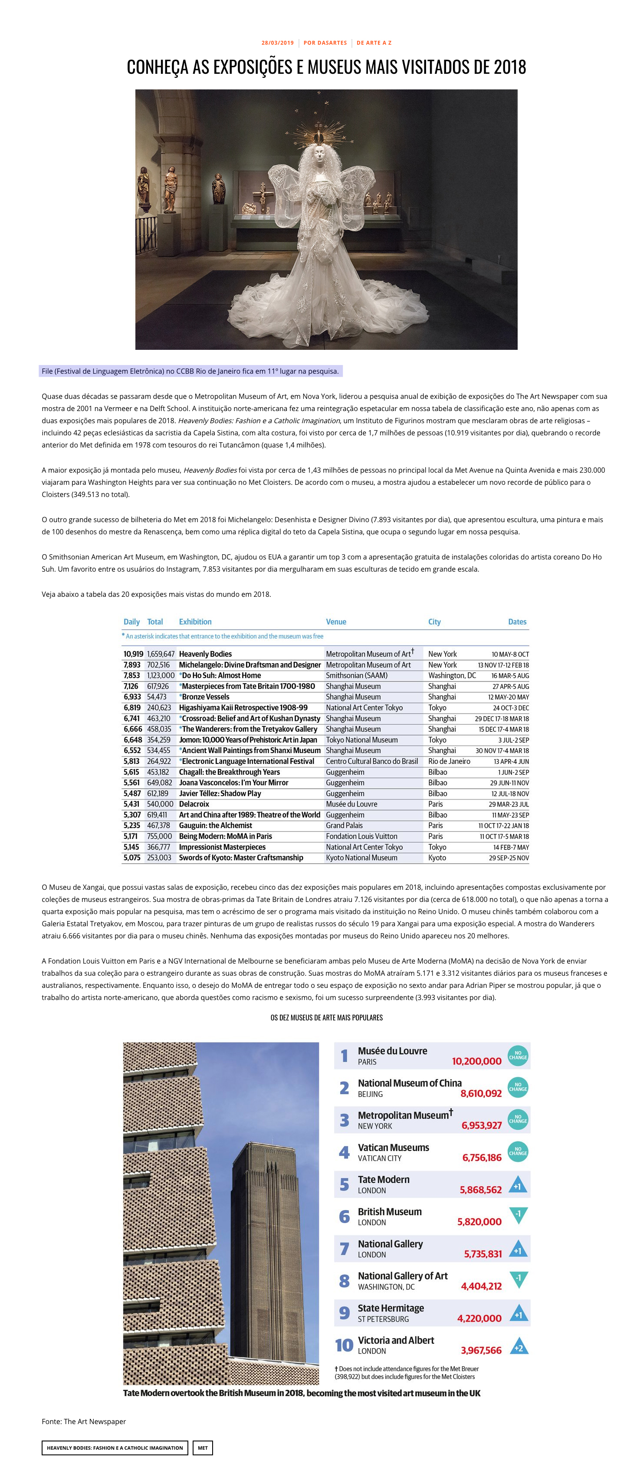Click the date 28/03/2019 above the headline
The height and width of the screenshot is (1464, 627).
pos(278,43)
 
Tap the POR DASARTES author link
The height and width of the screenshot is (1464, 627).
pos(325,43)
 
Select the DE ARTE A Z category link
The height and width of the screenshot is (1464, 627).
pos(374,43)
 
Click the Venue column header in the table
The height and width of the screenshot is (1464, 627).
pos(336,622)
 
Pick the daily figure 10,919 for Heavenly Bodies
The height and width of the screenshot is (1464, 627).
pos(134,654)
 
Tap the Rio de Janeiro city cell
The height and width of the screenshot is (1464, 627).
pos(449,762)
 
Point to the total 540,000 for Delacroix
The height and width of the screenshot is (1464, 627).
pos(160,804)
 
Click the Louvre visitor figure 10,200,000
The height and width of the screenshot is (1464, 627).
pos(476,1061)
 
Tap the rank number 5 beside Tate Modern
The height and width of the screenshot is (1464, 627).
pos(344,1184)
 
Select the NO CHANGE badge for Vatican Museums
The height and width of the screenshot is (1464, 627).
pos(518,1151)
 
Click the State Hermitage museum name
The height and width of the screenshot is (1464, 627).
pos(391,1308)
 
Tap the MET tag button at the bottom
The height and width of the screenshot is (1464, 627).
pos(203,1448)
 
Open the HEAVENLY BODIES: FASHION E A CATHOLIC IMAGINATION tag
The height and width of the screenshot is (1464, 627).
pos(115,1448)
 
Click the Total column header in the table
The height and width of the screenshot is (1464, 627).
pos(155,622)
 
